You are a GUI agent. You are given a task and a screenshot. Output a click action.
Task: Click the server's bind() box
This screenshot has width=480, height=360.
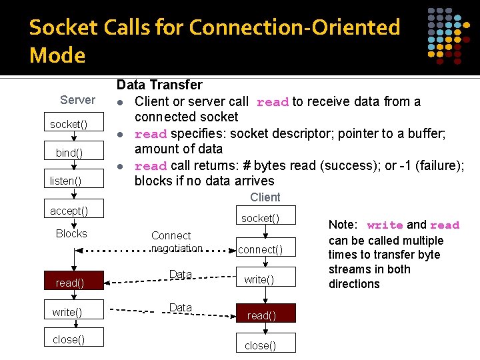point(69,153)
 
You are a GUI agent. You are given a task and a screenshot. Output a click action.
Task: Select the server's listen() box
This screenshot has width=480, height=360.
point(66,181)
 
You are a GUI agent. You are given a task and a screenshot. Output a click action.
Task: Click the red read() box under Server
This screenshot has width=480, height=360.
point(69,283)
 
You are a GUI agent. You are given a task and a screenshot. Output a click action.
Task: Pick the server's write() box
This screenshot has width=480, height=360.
point(67,312)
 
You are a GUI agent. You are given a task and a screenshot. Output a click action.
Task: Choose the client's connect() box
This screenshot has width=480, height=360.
point(261,250)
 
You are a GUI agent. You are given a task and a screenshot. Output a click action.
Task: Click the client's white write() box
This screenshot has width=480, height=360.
point(259,279)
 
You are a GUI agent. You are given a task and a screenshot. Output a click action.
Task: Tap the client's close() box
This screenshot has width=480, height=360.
point(260,345)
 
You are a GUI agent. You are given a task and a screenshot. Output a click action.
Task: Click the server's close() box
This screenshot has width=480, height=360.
point(69,339)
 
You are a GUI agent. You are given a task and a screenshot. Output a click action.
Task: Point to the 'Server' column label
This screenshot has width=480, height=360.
point(77,100)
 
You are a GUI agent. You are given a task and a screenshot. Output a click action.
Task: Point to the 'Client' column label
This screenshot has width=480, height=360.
point(265,197)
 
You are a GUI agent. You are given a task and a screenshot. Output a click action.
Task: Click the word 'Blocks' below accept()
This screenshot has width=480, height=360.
point(71,233)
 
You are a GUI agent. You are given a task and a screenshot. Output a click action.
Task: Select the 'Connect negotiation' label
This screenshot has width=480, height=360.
point(177,241)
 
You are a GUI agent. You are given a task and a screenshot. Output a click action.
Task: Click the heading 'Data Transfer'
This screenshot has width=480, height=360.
point(159,85)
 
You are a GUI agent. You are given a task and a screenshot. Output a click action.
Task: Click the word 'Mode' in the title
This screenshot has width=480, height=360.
point(57,55)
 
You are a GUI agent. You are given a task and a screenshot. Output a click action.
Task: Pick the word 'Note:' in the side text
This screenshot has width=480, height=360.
point(343,225)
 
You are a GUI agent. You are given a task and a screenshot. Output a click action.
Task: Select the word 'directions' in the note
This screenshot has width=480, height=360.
point(354,284)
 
